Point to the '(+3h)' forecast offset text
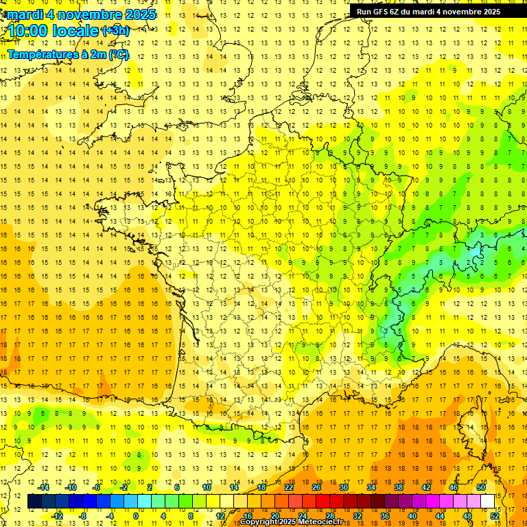[115, 31]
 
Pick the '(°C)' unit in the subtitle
[117, 54]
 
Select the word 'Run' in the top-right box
[363, 12]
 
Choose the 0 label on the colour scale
[135, 516]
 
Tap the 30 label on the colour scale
[343, 487]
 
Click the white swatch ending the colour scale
[488, 502]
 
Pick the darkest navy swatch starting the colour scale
[34, 502]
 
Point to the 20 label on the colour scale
[274, 516]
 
